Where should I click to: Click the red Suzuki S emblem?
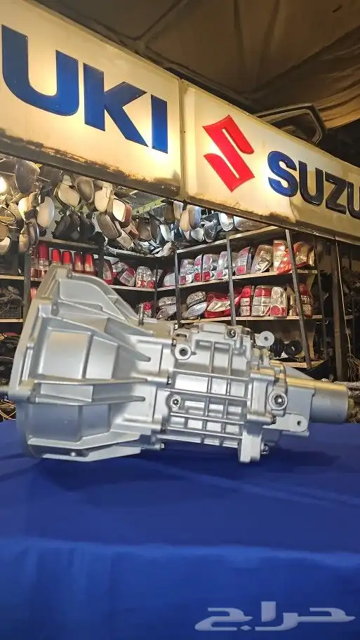(x=229, y=153)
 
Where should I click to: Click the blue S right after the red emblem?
(x=282, y=174)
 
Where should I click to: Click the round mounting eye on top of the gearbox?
(x=265, y=338)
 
